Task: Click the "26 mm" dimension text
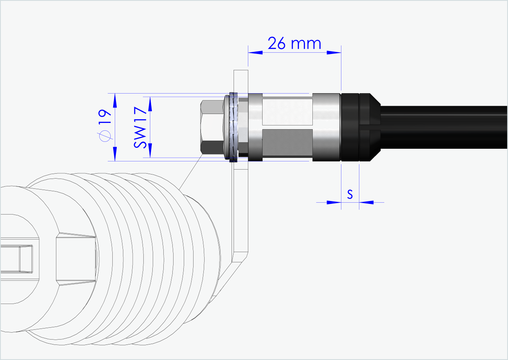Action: coord(294,43)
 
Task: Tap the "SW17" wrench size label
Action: coord(140,127)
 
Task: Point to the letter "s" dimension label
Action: coord(350,194)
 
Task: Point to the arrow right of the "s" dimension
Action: coord(366,202)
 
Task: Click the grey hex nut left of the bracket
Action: coord(212,127)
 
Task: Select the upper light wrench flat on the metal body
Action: coord(287,111)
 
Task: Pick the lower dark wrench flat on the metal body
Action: coord(287,143)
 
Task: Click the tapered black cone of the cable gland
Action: coord(370,127)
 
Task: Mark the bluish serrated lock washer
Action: coord(234,127)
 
